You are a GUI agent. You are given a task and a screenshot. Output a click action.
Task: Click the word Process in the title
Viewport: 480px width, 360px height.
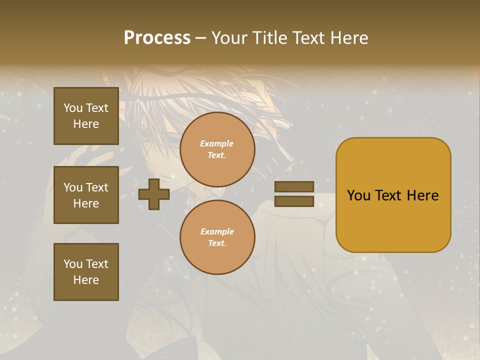(x=157, y=37)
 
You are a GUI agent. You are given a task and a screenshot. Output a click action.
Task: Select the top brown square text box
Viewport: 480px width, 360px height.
(x=86, y=116)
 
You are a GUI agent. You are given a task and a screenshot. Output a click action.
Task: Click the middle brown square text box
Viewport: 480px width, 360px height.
(x=86, y=195)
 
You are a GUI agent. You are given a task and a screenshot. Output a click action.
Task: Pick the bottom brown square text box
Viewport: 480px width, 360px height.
(x=86, y=272)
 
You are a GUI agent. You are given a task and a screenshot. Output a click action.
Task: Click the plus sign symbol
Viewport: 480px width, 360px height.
(x=154, y=194)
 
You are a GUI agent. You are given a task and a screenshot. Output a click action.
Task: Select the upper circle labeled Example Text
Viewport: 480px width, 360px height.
(x=217, y=149)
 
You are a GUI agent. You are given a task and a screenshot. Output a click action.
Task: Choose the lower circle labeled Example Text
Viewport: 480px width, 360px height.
(x=217, y=237)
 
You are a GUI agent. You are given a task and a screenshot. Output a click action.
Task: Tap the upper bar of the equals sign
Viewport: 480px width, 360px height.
(x=294, y=187)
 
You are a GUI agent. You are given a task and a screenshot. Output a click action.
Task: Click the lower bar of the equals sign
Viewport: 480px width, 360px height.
(x=294, y=201)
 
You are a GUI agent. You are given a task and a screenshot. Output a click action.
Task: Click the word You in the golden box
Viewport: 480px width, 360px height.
(x=358, y=195)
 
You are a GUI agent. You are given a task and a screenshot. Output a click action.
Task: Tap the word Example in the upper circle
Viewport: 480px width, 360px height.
(x=217, y=143)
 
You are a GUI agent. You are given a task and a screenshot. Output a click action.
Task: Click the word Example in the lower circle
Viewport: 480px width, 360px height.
(x=217, y=231)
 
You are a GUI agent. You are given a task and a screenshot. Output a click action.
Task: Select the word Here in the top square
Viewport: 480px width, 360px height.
(x=86, y=124)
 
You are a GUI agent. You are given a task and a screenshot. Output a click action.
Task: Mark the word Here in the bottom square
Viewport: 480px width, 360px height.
(x=86, y=280)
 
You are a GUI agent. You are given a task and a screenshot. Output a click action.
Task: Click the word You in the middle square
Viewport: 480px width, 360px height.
(x=73, y=187)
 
